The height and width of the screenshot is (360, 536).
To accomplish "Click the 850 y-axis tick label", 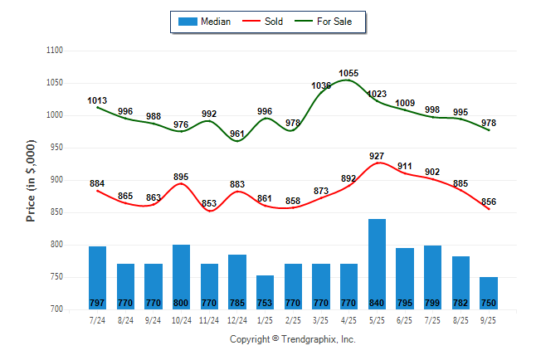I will point(56,212).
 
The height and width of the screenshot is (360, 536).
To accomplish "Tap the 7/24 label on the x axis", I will point(97,319).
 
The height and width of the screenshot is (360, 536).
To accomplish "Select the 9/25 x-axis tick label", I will point(489,319).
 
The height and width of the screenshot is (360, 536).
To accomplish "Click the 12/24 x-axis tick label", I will point(237,319).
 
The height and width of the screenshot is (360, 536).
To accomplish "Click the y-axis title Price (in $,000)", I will point(32,180).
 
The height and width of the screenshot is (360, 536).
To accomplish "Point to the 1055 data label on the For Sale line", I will point(348,74).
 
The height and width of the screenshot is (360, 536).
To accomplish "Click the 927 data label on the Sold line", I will point(378,156).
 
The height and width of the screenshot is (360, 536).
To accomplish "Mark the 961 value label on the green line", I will point(237,134).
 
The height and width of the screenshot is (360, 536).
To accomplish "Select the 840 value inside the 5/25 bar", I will point(377,303).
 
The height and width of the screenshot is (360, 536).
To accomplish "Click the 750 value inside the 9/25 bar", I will point(489,303).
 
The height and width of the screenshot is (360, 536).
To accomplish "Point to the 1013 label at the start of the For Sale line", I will point(97,101).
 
